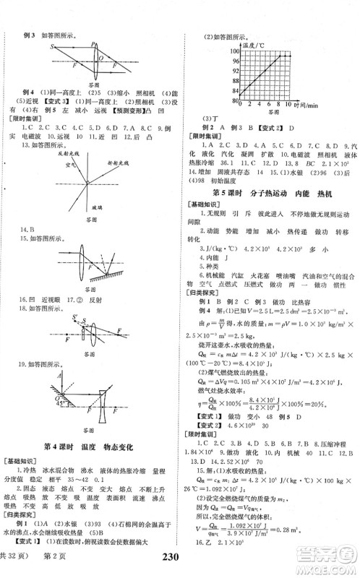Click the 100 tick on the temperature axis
click(226, 51)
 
